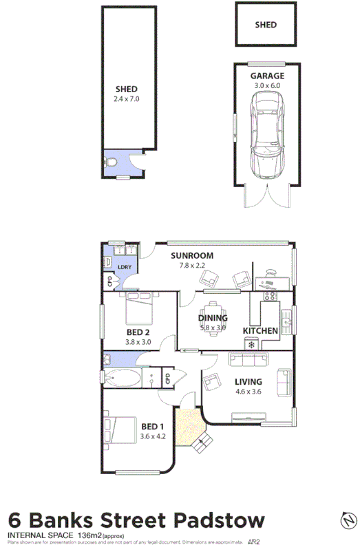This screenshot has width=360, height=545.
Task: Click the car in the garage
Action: click(x=266, y=136)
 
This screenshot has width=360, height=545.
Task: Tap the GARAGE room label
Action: click(x=266, y=76)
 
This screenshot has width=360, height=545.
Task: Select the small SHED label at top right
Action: click(x=266, y=25)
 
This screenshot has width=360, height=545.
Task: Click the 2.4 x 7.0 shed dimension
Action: click(x=127, y=98)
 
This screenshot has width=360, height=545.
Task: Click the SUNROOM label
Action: click(x=192, y=255)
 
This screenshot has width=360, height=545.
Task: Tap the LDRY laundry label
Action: click(x=125, y=267)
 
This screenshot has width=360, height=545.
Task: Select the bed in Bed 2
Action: click(x=140, y=308)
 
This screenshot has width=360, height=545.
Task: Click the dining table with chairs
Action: click(x=213, y=317)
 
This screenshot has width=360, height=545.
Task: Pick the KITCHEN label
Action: click(x=260, y=331)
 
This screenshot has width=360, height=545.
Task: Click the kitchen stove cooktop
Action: click(x=269, y=297)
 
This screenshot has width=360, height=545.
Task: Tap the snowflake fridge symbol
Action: click(x=251, y=343)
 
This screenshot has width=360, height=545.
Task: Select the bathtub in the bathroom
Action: click(x=122, y=378)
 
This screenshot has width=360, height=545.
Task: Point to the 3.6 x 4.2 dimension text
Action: click(x=153, y=436)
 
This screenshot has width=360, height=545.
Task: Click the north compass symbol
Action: click(x=348, y=518)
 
